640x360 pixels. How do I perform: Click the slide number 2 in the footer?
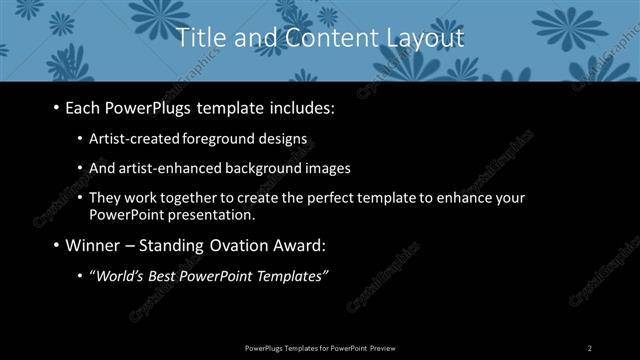[590, 347]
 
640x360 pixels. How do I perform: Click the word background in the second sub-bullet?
[262, 168]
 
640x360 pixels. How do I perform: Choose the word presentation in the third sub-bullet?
[209, 214]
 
